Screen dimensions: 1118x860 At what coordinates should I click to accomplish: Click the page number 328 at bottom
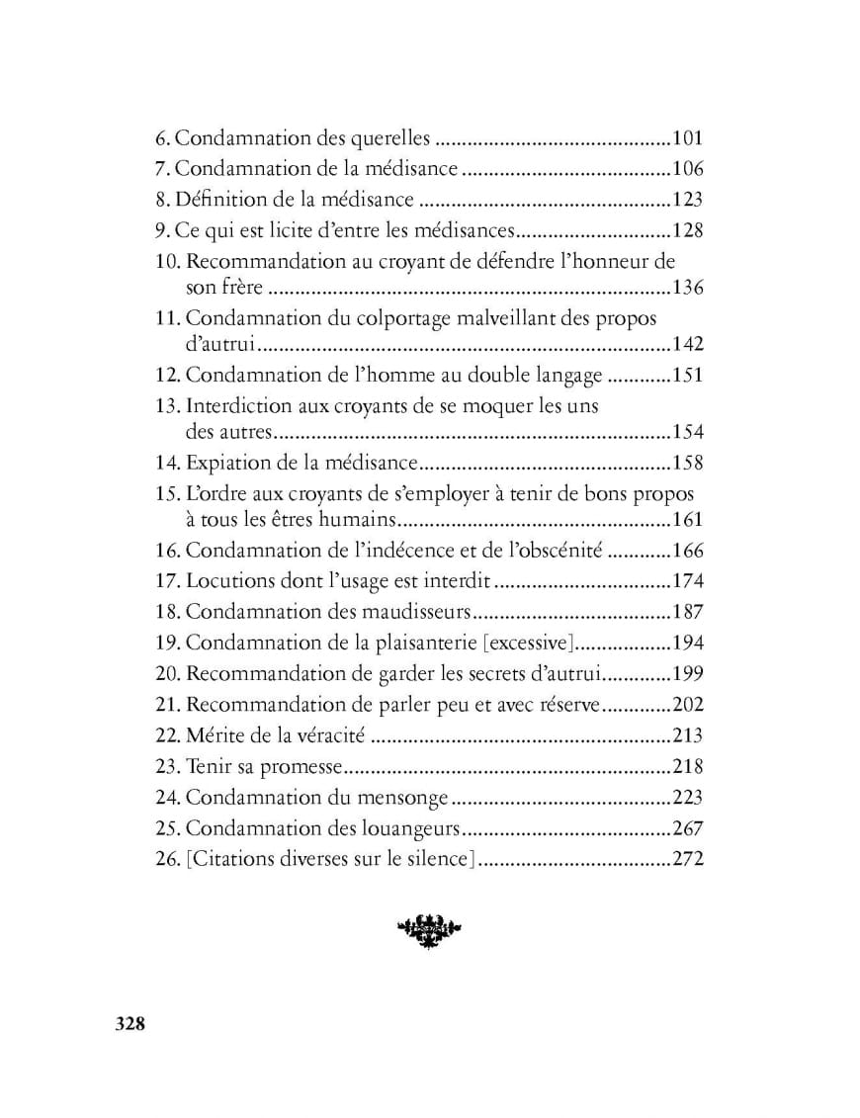coord(129,1023)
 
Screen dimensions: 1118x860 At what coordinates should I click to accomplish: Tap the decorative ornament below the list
coord(429,929)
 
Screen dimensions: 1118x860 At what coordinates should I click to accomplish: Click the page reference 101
coord(687,139)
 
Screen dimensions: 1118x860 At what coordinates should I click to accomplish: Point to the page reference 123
coord(687,200)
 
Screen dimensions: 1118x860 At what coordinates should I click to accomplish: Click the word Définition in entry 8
coord(219,200)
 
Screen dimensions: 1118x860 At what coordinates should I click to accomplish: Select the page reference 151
coord(687,376)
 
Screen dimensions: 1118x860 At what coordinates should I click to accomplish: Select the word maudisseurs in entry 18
coord(421,612)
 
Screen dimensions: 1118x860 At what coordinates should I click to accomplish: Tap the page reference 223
coord(687,797)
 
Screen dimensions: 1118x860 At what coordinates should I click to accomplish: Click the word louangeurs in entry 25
coord(410,828)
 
